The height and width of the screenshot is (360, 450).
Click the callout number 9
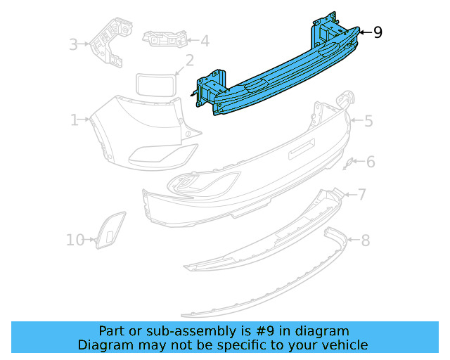[378, 32]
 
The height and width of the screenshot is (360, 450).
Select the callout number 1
[75, 120]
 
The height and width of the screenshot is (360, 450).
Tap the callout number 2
[189, 60]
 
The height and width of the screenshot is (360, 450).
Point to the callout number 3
[73, 45]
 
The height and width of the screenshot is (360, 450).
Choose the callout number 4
[204, 41]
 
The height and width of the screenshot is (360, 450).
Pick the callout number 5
[368, 121]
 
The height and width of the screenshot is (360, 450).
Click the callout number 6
[371, 162]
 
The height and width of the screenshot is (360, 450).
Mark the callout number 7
[362, 194]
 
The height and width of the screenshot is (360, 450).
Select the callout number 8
[365, 241]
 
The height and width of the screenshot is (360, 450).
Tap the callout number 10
[75, 240]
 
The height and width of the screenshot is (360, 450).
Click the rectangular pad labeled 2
[154, 85]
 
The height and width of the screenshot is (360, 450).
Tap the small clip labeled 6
[347, 164]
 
